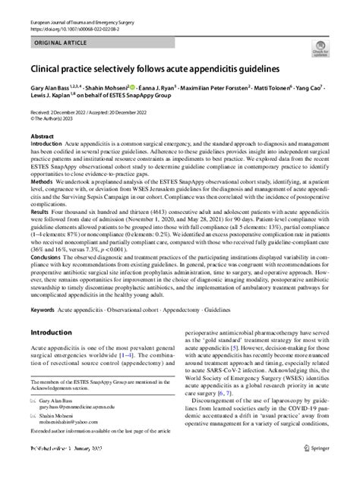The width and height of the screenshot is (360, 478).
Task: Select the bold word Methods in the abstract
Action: [41, 181]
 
